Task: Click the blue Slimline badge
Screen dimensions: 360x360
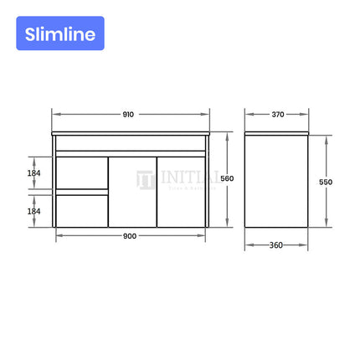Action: click(x=59, y=34)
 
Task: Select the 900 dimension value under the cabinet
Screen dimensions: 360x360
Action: click(x=130, y=236)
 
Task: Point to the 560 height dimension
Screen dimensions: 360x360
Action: click(x=227, y=178)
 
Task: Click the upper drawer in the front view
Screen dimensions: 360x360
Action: click(x=81, y=173)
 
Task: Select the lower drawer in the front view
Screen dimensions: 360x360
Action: click(x=81, y=210)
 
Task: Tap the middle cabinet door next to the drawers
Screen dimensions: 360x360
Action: click(x=132, y=192)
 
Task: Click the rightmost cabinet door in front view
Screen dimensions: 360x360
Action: click(x=181, y=192)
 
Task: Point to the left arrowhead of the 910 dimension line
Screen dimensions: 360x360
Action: click(x=54, y=115)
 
